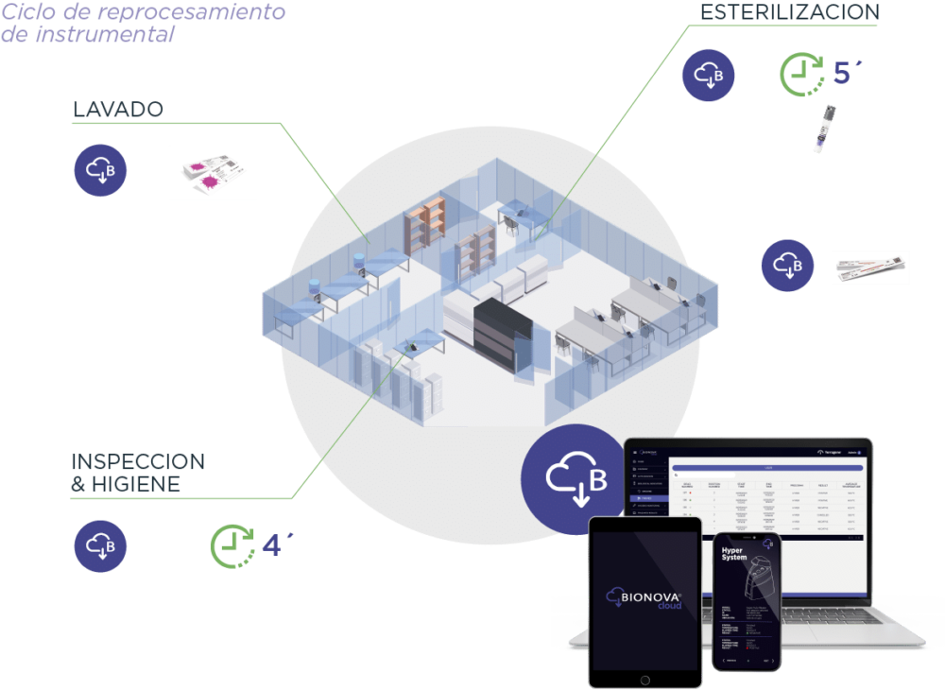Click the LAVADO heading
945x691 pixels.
118,111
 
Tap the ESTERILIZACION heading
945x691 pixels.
789,12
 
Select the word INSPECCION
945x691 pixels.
138,462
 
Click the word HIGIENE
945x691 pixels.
138,484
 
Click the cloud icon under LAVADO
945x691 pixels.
100,170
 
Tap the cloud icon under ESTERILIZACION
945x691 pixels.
709,74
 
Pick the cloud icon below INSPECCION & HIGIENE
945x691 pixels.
100,546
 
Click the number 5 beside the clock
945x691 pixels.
843,73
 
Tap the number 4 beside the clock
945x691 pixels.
272,545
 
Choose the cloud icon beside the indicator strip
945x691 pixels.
788,265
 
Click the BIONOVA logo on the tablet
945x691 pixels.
644,599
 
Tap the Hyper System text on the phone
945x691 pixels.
734,553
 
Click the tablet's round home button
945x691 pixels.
644,680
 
